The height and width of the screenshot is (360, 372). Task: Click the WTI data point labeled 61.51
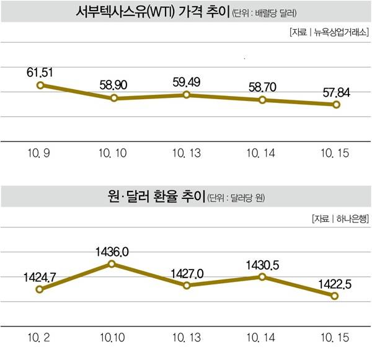[40, 85]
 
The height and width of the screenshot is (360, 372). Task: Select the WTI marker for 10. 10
[114, 98]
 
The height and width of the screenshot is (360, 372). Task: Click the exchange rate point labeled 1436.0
[112, 264]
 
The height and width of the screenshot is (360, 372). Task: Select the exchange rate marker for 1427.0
[187, 285]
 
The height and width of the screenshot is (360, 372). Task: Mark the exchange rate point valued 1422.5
[335, 296]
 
